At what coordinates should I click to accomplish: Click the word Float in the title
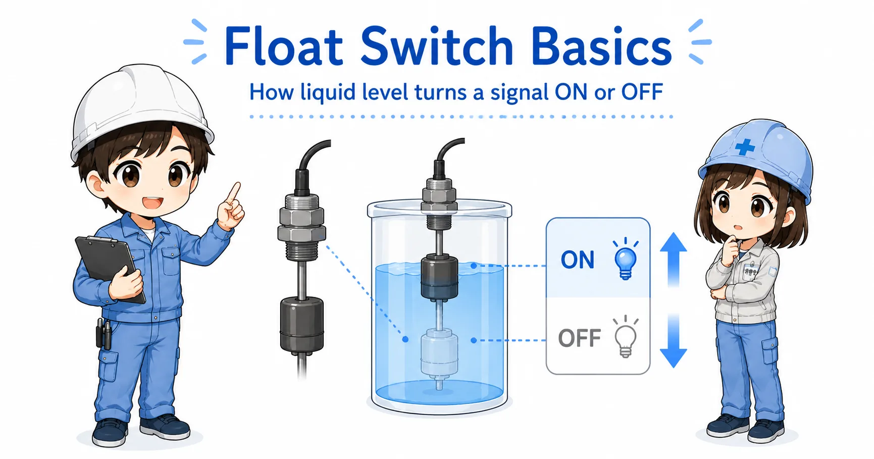point(283,46)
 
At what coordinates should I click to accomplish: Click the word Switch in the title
point(437,46)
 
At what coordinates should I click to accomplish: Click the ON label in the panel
point(578,260)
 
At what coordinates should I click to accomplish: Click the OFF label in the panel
point(580,338)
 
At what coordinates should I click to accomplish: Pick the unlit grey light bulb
point(625,337)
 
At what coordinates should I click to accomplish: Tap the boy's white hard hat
point(141,109)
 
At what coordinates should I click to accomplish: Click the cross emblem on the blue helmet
point(744,147)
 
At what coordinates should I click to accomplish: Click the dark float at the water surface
point(439,278)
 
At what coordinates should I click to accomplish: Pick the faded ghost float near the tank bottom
point(439,353)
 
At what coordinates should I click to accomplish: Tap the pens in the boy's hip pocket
point(104,333)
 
